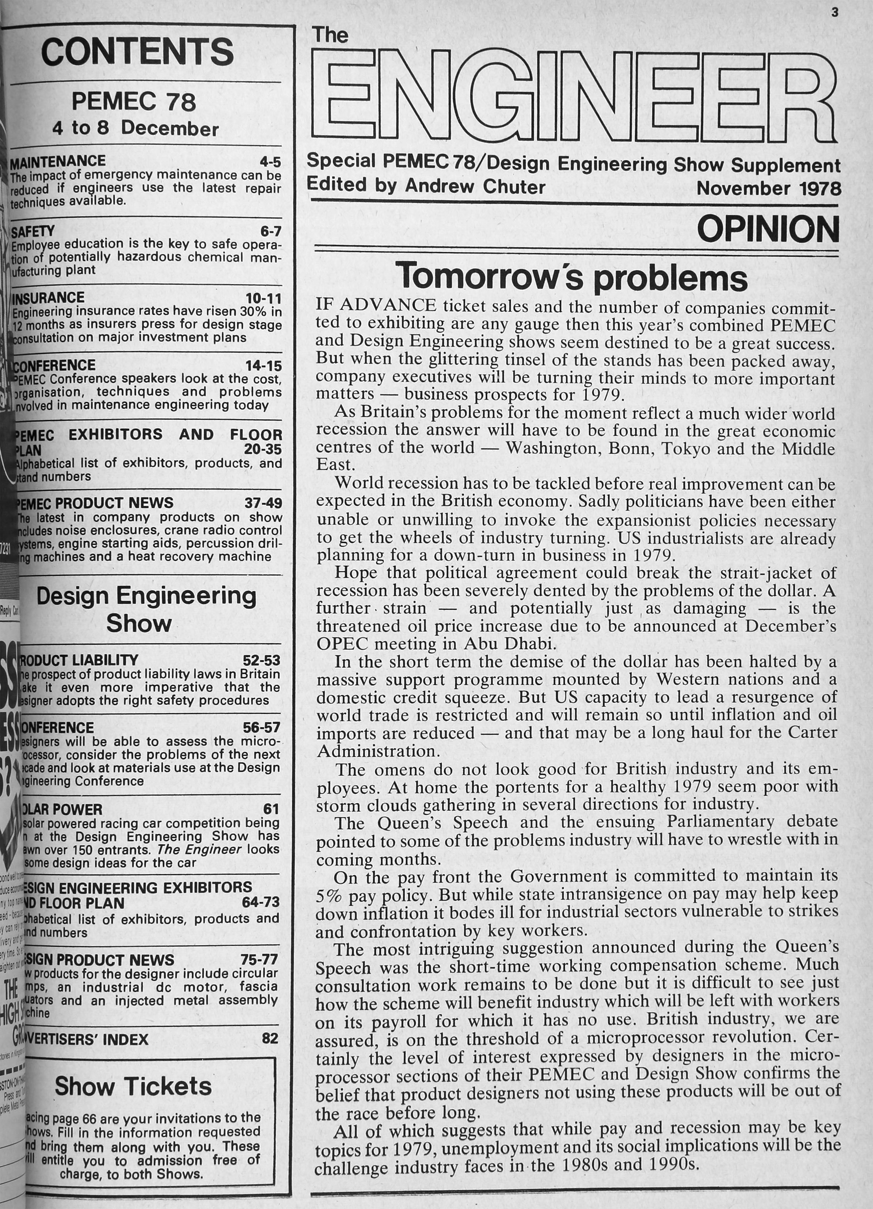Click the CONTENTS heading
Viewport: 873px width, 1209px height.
[137, 52]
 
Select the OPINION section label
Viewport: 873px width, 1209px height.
[768, 229]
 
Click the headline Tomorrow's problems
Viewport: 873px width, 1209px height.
[573, 276]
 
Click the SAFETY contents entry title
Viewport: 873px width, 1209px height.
[33, 231]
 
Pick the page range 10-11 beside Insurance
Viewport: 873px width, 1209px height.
[263, 298]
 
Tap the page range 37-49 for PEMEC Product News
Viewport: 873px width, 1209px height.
[263, 503]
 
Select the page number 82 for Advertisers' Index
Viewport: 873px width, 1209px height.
[270, 1038]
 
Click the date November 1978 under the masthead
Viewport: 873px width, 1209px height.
[768, 189]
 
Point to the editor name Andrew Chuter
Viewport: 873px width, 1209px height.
[475, 187]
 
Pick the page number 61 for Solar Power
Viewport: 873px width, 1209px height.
[271, 809]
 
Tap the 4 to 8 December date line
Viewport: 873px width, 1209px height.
[136, 128]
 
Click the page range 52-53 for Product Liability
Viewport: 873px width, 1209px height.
[261, 661]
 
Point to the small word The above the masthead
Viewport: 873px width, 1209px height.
[330, 36]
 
